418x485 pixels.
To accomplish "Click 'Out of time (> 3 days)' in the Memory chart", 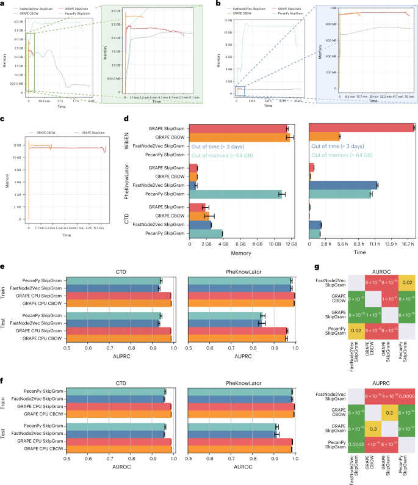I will click(x=224, y=147).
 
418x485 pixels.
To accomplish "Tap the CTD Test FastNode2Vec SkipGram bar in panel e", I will click(x=113, y=322).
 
